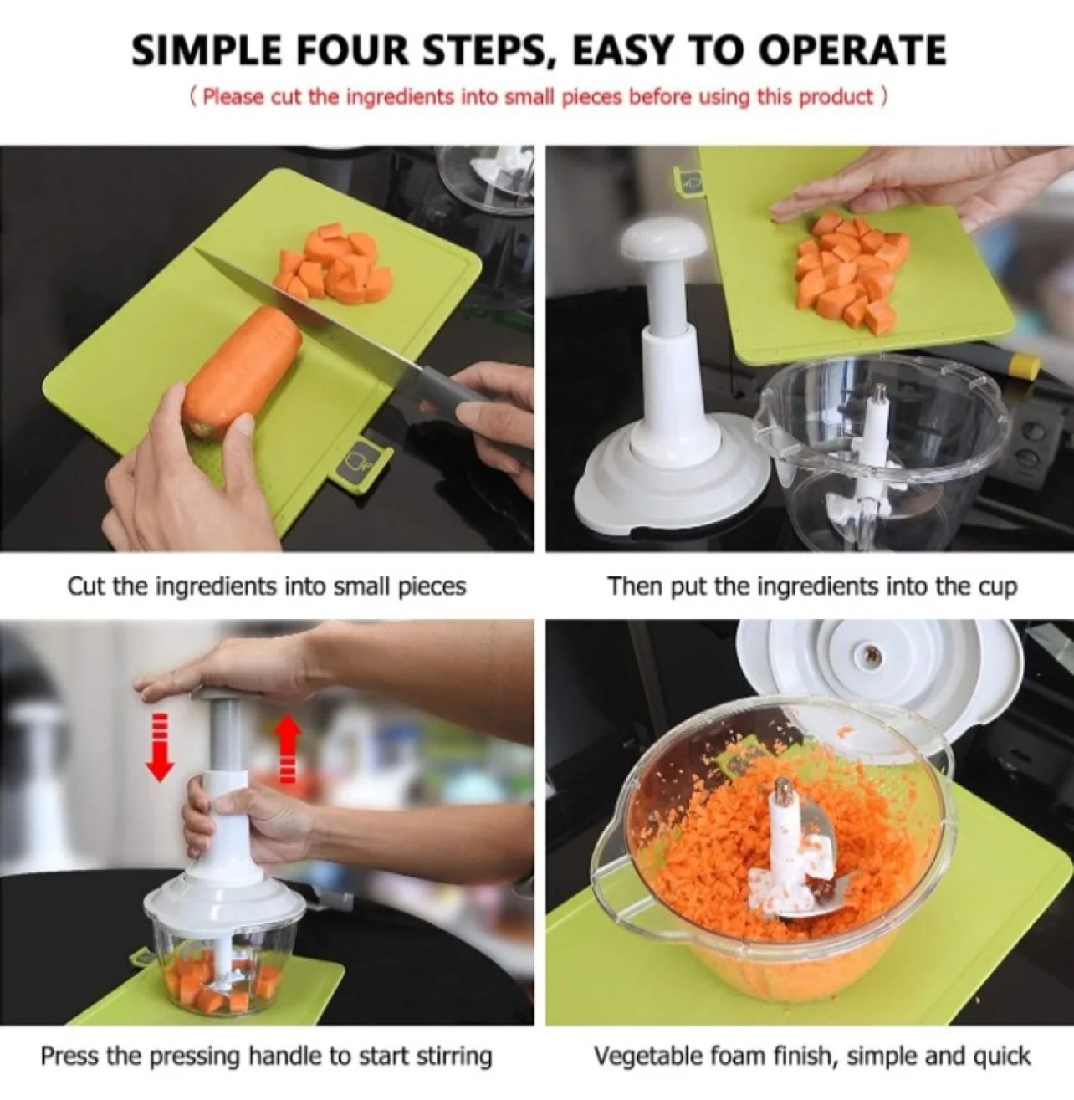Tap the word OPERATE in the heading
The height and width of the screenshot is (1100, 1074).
852,51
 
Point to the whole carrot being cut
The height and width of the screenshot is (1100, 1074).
243,373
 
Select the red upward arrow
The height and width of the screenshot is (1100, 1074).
287,746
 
